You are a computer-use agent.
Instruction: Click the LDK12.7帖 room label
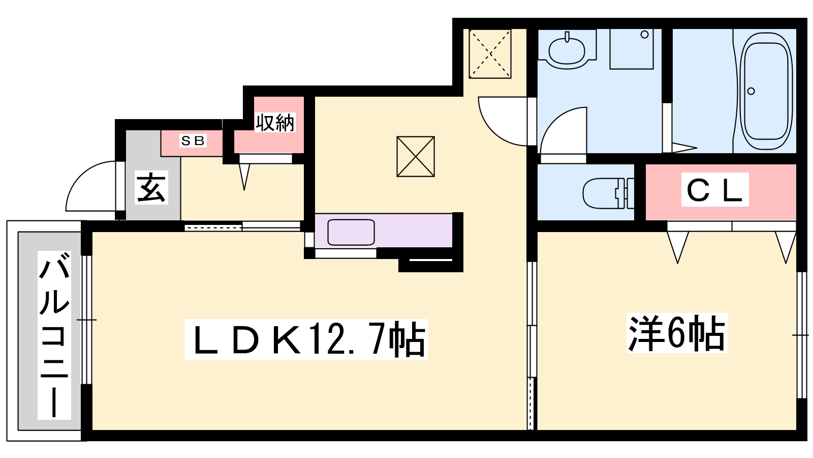(306, 339)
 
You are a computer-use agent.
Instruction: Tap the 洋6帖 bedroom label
(677, 333)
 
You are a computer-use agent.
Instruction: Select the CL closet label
(714, 190)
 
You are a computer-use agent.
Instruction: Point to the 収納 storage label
(275, 122)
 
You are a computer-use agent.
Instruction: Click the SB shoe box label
(193, 140)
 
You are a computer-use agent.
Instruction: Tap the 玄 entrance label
(151, 188)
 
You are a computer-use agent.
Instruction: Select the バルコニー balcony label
(54, 335)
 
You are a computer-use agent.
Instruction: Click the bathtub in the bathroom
(766, 91)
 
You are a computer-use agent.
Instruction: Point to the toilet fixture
(608, 193)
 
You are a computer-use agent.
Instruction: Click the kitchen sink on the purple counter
(351, 232)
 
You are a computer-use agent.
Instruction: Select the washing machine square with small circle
(632, 49)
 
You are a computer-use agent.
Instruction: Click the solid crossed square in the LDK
(416, 157)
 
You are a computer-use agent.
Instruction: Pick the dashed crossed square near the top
(490, 54)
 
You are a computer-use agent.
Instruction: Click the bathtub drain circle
(752, 91)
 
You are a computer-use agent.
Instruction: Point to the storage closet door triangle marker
(244, 177)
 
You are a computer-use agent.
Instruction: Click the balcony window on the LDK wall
(87, 320)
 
